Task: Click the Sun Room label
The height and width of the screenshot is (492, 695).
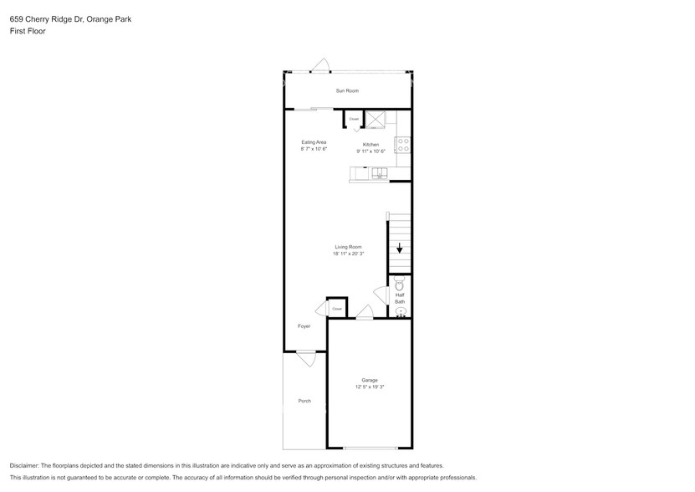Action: (x=347, y=90)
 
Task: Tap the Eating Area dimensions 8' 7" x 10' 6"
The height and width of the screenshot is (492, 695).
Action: (x=314, y=150)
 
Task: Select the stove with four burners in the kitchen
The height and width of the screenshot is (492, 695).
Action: (x=404, y=144)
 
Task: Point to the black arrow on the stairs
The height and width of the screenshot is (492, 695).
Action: (x=400, y=248)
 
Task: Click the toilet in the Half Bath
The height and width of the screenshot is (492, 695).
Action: (x=399, y=284)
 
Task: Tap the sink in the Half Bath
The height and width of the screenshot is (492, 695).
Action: (x=400, y=311)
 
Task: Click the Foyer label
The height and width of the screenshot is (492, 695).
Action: (x=304, y=326)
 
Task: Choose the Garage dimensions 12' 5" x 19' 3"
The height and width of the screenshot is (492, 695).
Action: (x=369, y=387)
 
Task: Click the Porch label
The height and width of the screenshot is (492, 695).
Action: (x=304, y=401)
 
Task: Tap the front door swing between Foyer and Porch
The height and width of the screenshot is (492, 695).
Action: (x=306, y=357)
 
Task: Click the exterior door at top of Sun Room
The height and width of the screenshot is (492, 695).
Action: (x=319, y=66)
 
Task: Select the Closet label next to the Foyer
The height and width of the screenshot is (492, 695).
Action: (x=337, y=309)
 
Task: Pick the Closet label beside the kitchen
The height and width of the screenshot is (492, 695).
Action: (x=354, y=120)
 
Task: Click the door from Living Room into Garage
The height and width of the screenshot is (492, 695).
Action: (x=364, y=313)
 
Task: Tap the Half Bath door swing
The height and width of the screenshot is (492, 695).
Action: (x=381, y=295)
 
